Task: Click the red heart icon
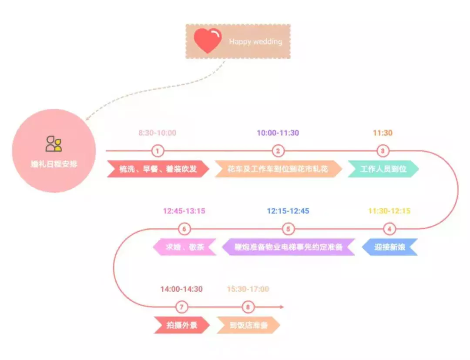coord(208,41)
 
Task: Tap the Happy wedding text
coord(255,42)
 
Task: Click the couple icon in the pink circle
coord(54,143)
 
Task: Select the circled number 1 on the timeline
coord(158,151)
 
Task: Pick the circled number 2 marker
coord(278,151)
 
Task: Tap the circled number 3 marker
coord(383,151)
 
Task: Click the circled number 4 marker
coord(389,229)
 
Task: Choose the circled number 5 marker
coord(288,229)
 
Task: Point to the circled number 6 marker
coord(185,229)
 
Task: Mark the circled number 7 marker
coord(181,307)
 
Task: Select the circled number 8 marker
coord(248,307)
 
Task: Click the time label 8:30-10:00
coord(158,133)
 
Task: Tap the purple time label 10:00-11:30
coord(278,133)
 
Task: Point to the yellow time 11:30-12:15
coord(389,211)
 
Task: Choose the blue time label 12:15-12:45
coord(288,211)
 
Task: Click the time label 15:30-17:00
coord(248,289)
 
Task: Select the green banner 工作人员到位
coord(383,169)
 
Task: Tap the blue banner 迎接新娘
coord(390,247)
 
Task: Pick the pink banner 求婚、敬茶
coord(185,247)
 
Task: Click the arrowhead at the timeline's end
coord(282,307)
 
